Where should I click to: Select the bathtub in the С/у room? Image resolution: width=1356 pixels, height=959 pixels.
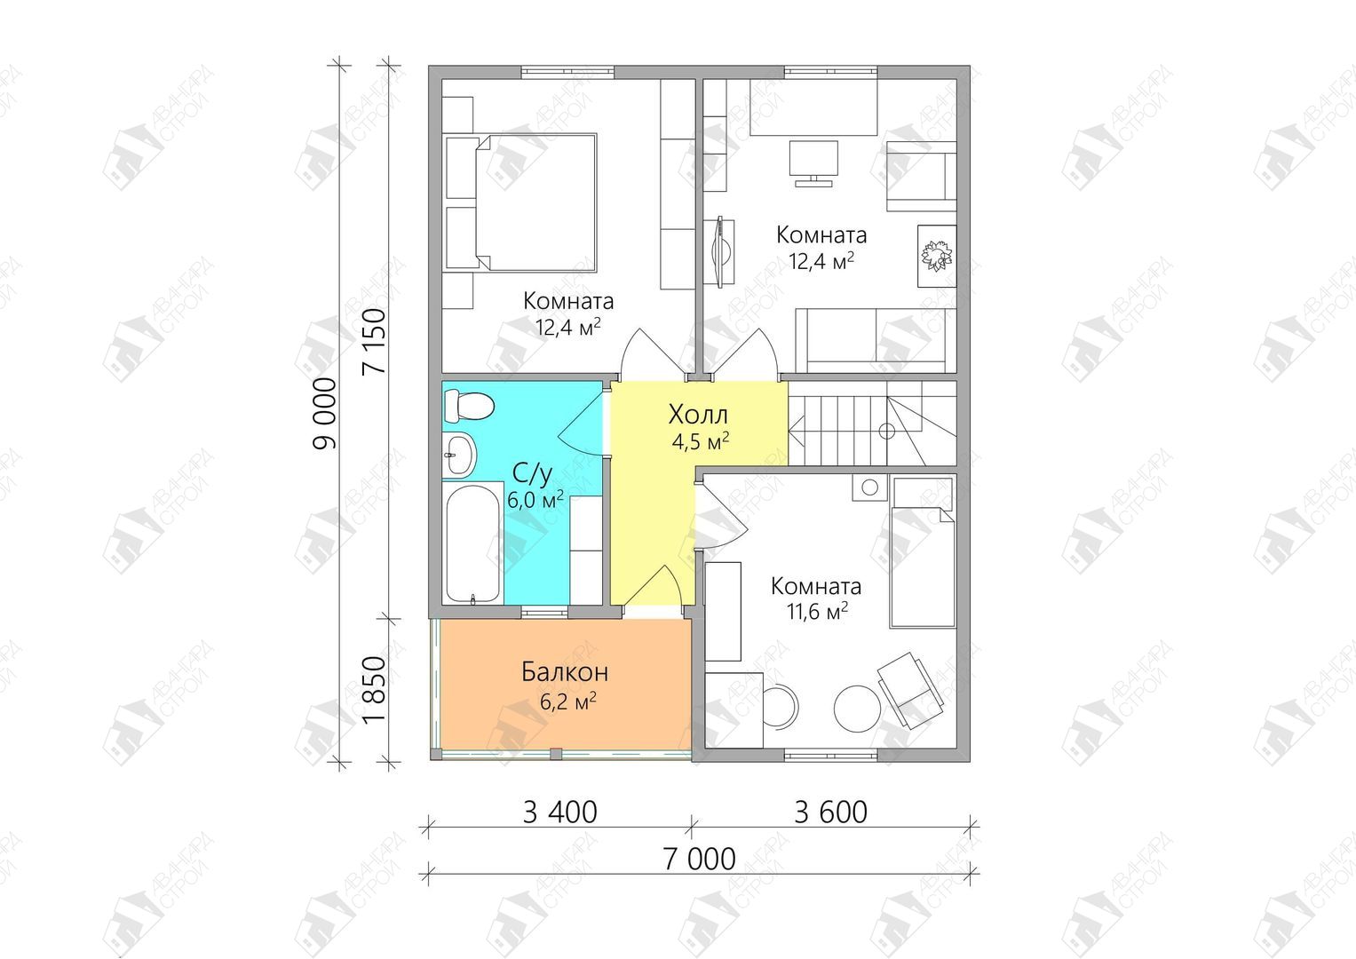tap(472, 543)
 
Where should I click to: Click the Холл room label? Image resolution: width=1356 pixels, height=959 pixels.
tap(698, 415)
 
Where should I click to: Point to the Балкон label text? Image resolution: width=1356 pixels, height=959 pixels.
tap(565, 672)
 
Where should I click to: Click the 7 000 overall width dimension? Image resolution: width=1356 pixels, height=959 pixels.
tap(700, 859)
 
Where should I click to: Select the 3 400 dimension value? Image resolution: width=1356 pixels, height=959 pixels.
tap(560, 812)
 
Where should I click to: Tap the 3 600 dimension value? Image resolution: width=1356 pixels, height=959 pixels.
tap(830, 812)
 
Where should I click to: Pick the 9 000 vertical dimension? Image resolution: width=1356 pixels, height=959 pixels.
tap(324, 414)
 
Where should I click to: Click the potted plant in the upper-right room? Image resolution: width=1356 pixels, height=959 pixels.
tap(937, 255)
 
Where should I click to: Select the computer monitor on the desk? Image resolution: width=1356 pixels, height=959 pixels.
tap(813, 162)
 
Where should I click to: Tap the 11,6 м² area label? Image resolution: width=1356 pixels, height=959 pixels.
tap(816, 611)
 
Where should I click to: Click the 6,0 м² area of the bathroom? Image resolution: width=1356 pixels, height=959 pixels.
tap(535, 500)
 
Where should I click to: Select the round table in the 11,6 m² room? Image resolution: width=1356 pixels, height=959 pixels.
tap(857, 708)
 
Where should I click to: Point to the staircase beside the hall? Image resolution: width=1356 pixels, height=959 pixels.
tap(872, 423)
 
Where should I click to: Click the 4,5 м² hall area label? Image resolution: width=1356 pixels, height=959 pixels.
tap(700, 441)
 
